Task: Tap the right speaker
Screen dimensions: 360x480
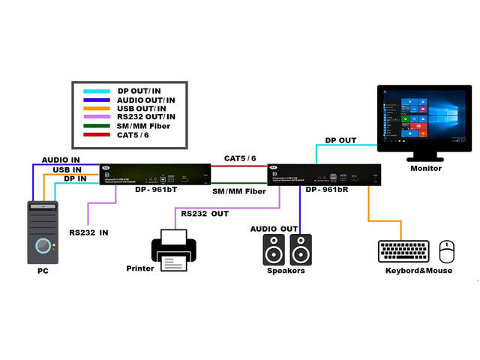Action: tap(301, 249)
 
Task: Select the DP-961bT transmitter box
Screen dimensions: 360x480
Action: tap(154, 175)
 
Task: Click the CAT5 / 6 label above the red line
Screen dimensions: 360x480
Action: tap(240, 158)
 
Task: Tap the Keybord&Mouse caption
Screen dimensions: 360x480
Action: tap(418, 270)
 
